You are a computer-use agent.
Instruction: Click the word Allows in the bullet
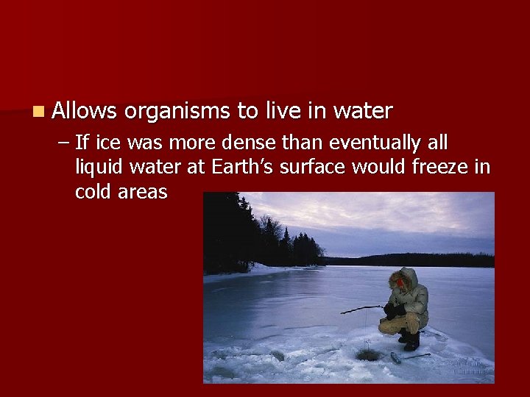tap(85, 112)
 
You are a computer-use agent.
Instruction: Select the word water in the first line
tap(363, 112)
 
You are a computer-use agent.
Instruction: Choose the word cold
tap(95, 193)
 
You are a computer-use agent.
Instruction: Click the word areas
tap(145, 193)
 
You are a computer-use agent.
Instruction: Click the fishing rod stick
tap(361, 309)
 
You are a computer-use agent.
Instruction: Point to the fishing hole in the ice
tap(367, 355)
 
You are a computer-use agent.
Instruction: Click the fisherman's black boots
tap(410, 340)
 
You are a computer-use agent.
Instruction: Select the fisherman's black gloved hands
tap(391, 310)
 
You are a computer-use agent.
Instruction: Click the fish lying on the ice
tap(397, 358)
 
